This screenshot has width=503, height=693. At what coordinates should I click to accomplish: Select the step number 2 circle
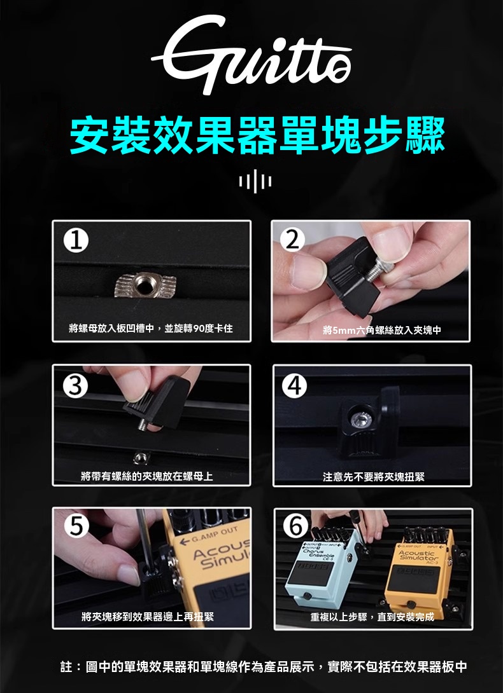(292, 242)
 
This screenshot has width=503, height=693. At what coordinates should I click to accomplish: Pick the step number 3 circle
(74, 386)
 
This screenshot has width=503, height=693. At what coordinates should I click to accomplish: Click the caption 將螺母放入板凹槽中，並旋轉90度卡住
(151, 329)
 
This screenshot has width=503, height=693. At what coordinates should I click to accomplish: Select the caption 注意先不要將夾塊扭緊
(373, 476)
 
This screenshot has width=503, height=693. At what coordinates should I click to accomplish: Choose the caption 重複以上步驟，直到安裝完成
(372, 617)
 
